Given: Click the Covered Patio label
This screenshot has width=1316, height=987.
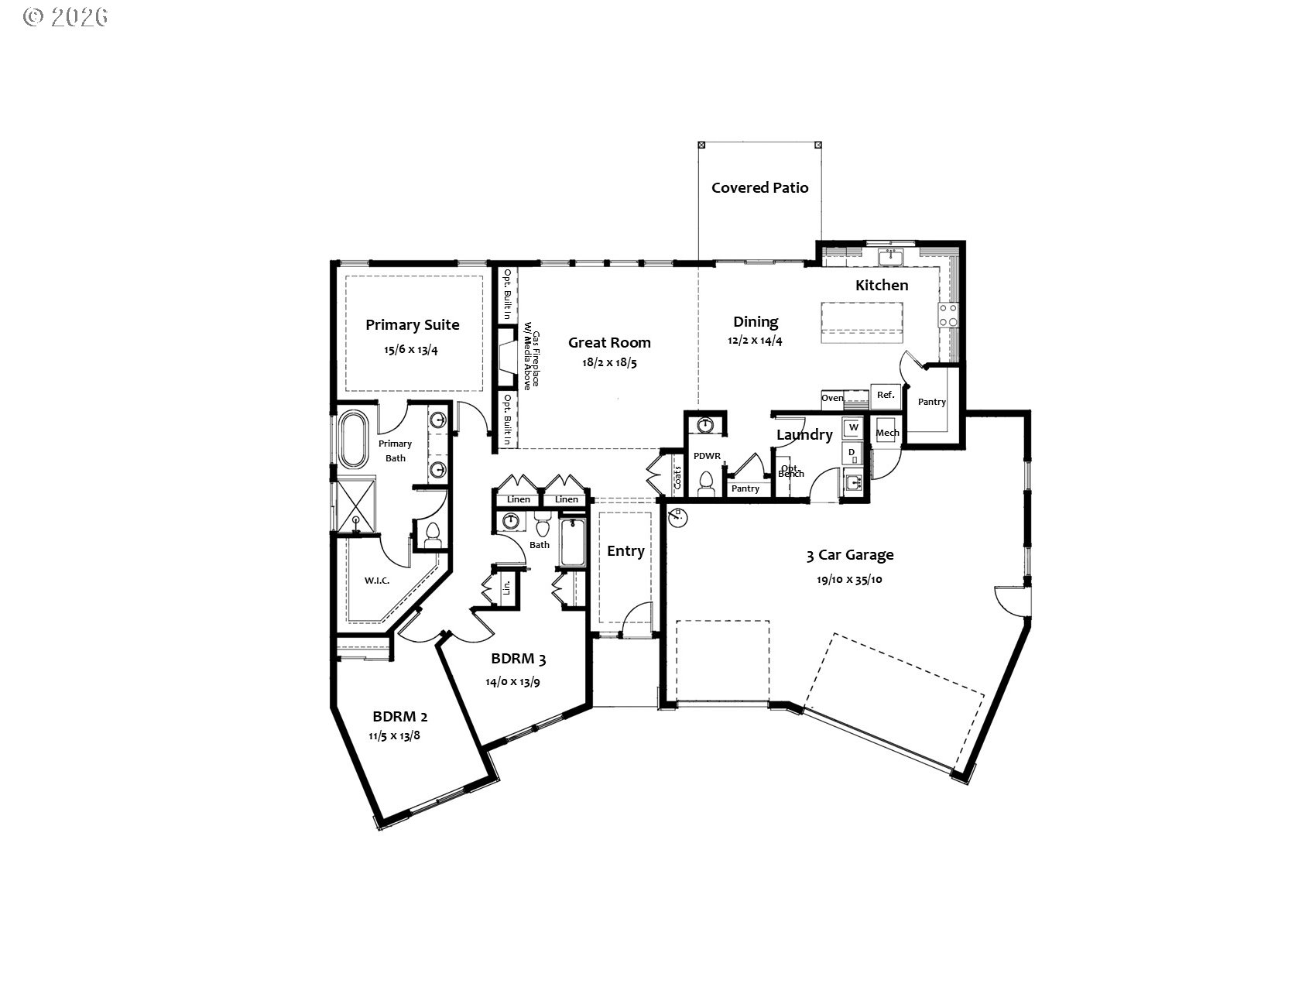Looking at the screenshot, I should click(759, 188).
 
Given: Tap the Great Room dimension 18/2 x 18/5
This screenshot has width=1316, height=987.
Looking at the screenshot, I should click(609, 363).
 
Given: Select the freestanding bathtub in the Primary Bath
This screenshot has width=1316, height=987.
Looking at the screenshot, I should click(353, 440).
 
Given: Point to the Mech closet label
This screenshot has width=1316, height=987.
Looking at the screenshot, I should click(887, 433).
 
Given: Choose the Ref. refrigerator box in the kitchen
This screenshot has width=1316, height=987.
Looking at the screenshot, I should click(885, 395).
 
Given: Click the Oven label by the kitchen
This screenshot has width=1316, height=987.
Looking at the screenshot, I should click(832, 398).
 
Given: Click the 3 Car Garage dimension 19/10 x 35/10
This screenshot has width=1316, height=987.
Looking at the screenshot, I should click(849, 580).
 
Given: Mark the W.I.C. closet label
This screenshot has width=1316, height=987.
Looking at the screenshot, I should click(376, 581).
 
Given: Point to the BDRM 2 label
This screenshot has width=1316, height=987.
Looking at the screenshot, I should click(399, 716).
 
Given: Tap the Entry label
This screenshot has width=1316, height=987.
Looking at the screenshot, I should click(625, 551).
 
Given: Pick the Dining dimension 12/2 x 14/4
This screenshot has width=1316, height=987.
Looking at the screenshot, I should click(756, 341).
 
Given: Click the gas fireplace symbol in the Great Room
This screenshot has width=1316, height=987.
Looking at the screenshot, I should click(508, 357).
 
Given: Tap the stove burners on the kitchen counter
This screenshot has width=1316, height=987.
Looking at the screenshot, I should click(948, 315).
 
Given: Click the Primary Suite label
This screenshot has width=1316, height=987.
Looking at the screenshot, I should click(412, 325).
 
